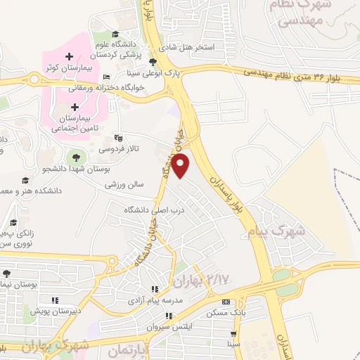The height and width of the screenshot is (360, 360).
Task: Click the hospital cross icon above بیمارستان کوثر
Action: (x=68, y=56)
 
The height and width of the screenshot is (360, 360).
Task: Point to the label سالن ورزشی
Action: (x=124, y=186)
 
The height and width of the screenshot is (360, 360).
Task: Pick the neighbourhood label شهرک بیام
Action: (x=278, y=229)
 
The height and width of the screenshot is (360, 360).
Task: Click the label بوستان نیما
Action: (x=19, y=284)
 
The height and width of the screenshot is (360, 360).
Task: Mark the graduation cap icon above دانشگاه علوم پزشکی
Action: (x=115, y=34)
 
